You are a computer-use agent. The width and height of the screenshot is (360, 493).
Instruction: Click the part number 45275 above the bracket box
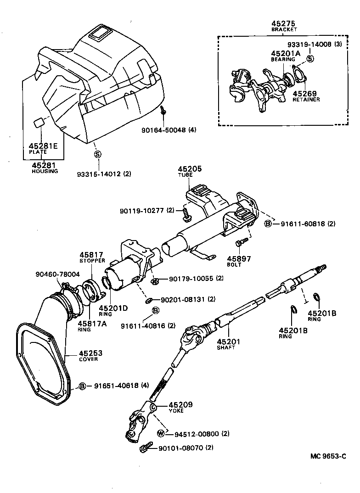pyautogui.click(x=283, y=23)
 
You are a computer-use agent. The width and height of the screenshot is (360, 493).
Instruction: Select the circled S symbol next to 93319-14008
pyautogui.click(x=310, y=58)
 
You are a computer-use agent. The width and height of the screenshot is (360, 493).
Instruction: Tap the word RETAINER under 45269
pyautogui.click(x=306, y=99)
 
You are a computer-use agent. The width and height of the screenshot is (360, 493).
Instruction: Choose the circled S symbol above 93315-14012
pyautogui.click(x=97, y=154)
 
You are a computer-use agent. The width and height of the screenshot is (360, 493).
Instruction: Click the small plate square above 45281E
pyautogui.click(x=40, y=123)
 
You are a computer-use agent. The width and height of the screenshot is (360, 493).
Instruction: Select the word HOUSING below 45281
pyautogui.click(x=45, y=171)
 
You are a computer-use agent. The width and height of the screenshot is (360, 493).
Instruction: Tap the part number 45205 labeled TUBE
pyautogui.click(x=190, y=169)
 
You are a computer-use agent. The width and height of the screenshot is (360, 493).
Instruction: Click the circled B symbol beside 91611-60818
pyautogui.click(x=268, y=224)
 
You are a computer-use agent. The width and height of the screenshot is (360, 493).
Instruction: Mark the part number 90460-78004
pyautogui.click(x=57, y=275)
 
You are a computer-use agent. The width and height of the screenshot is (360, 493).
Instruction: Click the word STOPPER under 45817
pyautogui.click(x=91, y=261)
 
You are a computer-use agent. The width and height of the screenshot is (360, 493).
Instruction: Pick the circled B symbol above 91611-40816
pyautogui.click(x=155, y=311)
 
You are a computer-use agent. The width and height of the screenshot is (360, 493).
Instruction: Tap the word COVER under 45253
pyautogui.click(x=88, y=359)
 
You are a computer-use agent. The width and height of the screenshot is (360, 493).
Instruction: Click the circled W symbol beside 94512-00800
pyautogui.click(x=161, y=433)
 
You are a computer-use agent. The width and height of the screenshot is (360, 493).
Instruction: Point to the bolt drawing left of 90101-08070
pyautogui.click(x=146, y=447)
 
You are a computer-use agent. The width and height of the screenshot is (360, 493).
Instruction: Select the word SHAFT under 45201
pyautogui.click(x=225, y=347)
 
